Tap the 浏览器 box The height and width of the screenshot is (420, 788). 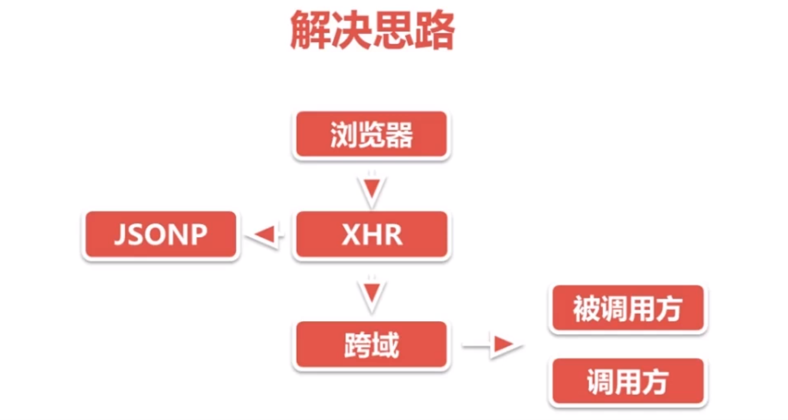pyautogui.click(x=371, y=135)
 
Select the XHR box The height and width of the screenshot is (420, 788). pyautogui.click(x=371, y=235)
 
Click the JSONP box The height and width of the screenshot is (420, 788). pyautogui.click(x=160, y=235)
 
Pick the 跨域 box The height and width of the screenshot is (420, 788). pyautogui.click(x=371, y=345)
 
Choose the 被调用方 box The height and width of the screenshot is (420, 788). pyautogui.click(x=627, y=309)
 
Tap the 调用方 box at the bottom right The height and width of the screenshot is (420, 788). pyautogui.click(x=627, y=381)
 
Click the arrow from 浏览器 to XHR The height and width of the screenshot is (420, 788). pyautogui.click(x=371, y=188)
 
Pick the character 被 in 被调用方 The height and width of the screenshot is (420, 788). pyautogui.click(x=586, y=309)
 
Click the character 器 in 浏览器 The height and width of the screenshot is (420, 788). pyautogui.click(x=399, y=135)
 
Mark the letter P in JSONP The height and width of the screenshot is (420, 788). pyautogui.click(x=198, y=235)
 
